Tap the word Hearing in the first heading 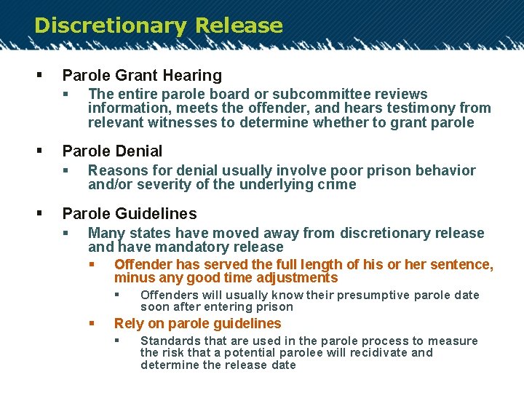[194, 75]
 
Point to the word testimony [426, 108]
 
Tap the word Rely [129, 324]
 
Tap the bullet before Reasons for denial [65, 171]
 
